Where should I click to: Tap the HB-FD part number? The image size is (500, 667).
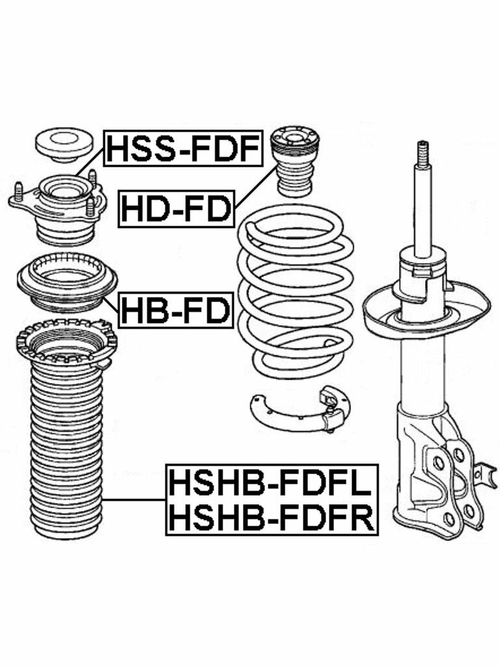coord(176,310)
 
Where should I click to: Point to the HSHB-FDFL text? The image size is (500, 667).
coord(271,483)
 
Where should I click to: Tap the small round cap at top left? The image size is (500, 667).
coord(63,144)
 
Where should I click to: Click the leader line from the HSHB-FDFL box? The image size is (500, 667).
coord(133,500)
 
